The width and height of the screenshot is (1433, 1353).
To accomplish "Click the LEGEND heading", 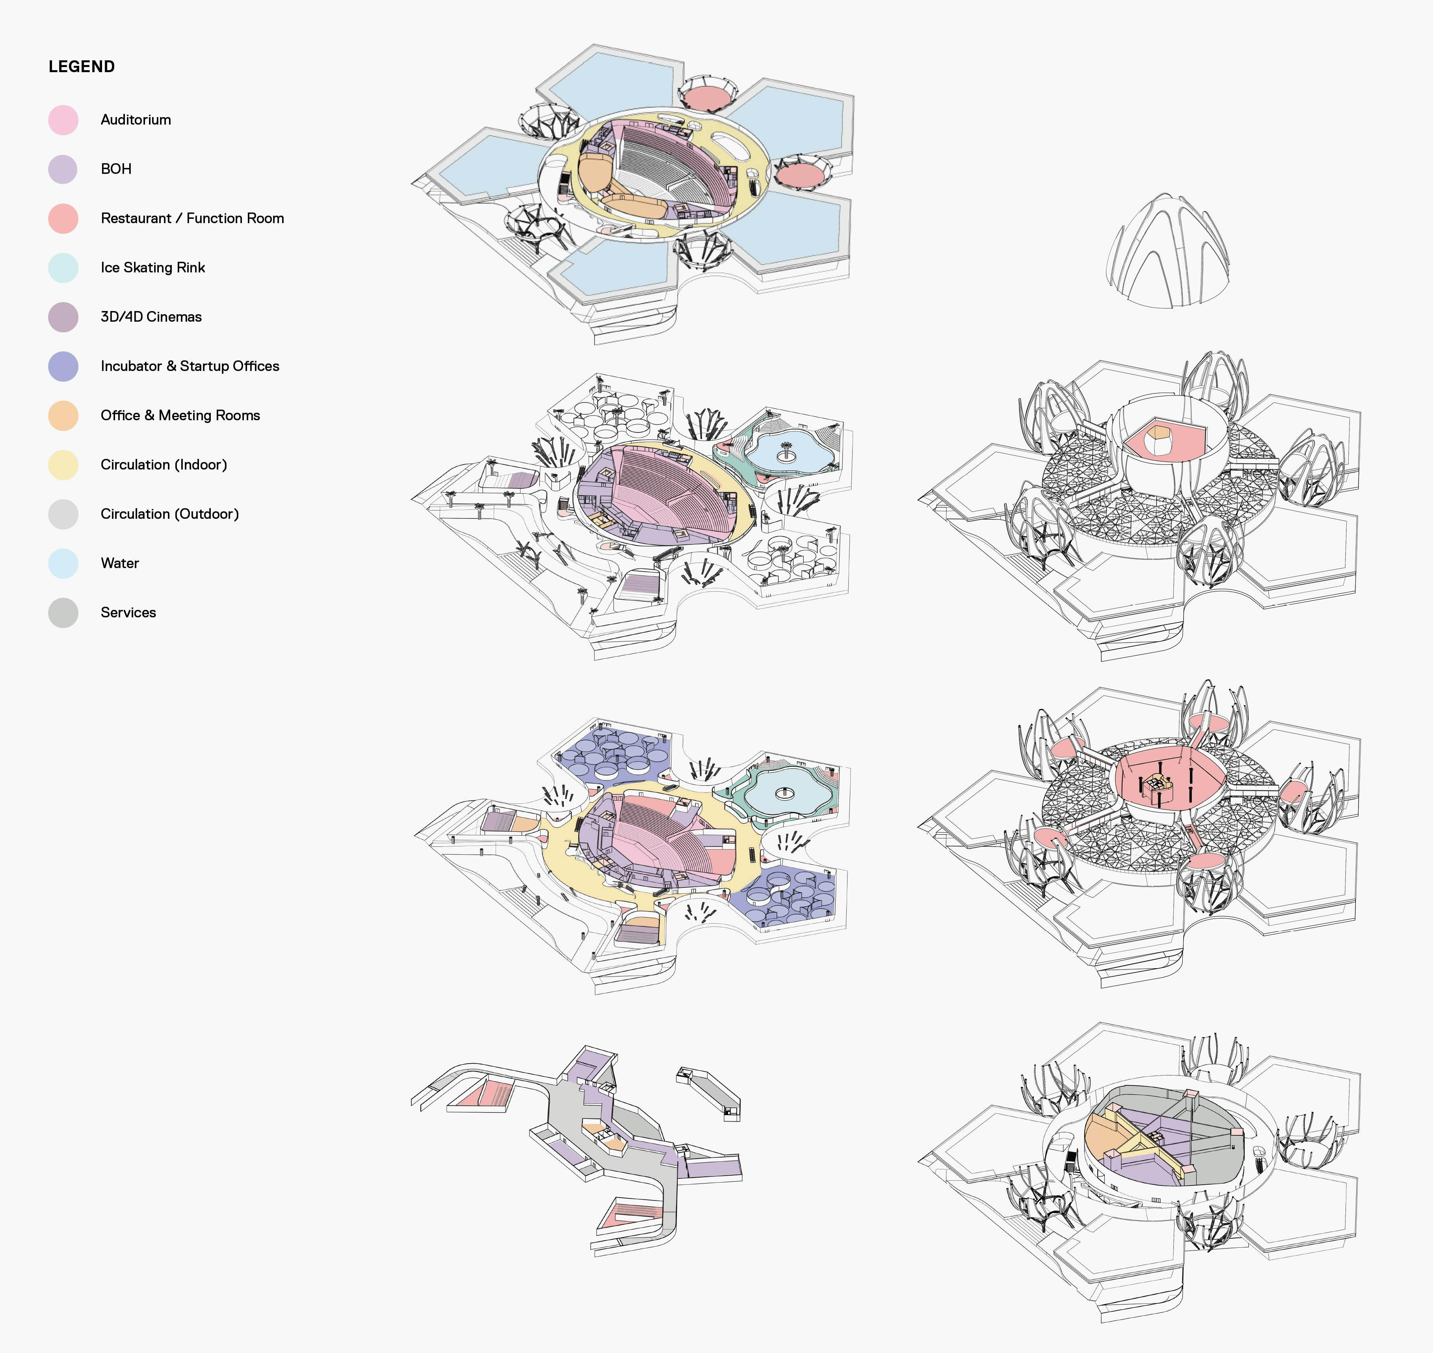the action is pos(82,66).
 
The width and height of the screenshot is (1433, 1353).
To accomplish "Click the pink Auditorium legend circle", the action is pos(63,120).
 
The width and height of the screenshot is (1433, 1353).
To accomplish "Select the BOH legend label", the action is pos(116,169).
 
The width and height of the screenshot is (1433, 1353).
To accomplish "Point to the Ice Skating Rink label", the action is pos(153,268).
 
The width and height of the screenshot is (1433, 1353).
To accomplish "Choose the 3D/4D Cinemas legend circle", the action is pos(63,317).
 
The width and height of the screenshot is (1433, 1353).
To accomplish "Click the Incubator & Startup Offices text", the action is pos(190,366).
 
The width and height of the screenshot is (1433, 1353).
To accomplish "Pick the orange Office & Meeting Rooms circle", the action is pos(63,416).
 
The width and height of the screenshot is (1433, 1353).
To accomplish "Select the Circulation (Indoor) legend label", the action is pos(164,464).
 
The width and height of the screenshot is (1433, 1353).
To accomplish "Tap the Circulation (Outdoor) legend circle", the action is pos(63,514).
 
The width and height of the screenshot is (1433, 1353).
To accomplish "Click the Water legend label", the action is pos(120,563).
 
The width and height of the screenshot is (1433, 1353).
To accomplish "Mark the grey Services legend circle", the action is pos(63,612).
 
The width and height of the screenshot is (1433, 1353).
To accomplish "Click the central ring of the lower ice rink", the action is pos(784,794).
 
